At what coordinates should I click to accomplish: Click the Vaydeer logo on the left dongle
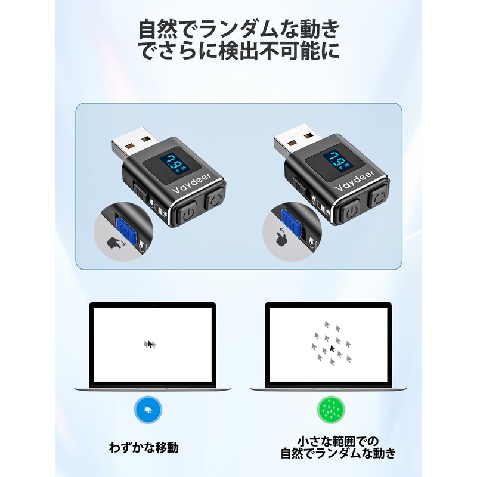point(191,184)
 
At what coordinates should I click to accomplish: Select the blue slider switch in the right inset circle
point(291,221)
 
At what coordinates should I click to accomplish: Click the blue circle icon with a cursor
point(148,410)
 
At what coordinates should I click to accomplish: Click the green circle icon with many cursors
point(332,410)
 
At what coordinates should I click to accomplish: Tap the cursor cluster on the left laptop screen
point(150,345)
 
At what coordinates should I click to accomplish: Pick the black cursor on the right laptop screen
point(333,348)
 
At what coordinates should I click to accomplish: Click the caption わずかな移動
point(144,448)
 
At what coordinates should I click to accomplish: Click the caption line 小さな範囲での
point(337,441)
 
